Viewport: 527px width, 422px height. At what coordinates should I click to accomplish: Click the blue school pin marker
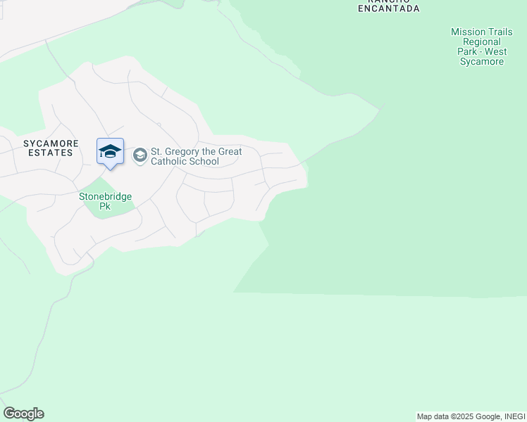click(110, 153)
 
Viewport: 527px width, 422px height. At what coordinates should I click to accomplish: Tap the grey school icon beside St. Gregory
click(140, 155)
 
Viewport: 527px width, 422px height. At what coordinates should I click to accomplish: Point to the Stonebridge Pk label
click(105, 202)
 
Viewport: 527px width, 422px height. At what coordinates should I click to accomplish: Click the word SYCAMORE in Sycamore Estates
click(49, 143)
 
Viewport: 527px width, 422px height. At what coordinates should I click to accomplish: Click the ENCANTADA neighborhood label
click(389, 8)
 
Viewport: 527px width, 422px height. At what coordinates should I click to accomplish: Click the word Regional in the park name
click(482, 42)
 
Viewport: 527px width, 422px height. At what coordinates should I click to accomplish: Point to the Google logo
click(23, 414)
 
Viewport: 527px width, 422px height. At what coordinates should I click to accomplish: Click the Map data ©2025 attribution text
click(447, 416)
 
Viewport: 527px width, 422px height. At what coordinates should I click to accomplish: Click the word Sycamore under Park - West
click(482, 62)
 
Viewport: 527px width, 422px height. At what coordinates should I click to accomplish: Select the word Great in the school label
click(230, 152)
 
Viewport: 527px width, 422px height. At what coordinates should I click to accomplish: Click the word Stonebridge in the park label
click(105, 197)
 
